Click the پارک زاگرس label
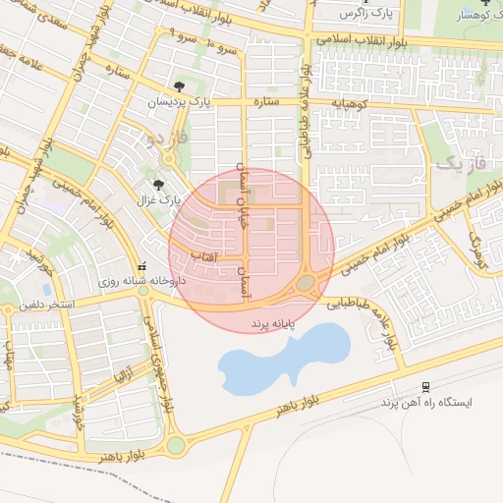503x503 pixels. [366, 14]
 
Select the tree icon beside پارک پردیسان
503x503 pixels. [177, 86]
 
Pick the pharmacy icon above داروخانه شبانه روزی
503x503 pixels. [143, 266]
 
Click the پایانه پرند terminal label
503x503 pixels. [273, 322]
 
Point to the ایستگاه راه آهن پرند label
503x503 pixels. [428, 404]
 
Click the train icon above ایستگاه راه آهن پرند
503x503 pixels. [425, 387]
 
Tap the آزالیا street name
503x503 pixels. [124, 376]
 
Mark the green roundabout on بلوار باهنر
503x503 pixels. [176, 445]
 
